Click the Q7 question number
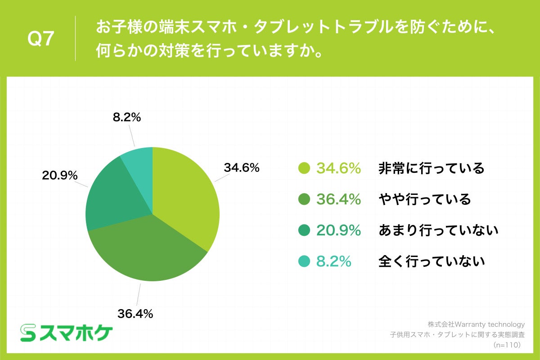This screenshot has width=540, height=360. point(40,39)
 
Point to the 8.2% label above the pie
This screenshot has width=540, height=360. point(126,118)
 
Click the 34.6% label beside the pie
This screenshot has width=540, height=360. point(242,168)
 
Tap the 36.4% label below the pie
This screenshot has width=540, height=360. point(135,314)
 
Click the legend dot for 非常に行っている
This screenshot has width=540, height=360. point(305,168)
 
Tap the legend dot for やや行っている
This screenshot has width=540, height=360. point(305,199)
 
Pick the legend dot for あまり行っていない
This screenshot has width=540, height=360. point(305,230)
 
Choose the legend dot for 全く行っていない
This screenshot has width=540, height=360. point(305,261)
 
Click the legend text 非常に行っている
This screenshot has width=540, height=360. point(431,168)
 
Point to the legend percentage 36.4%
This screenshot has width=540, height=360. point(339,199)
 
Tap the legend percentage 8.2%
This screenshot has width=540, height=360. point(333,261)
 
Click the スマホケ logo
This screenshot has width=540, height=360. point(67,332)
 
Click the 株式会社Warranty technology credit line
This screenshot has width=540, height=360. point(476,324)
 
